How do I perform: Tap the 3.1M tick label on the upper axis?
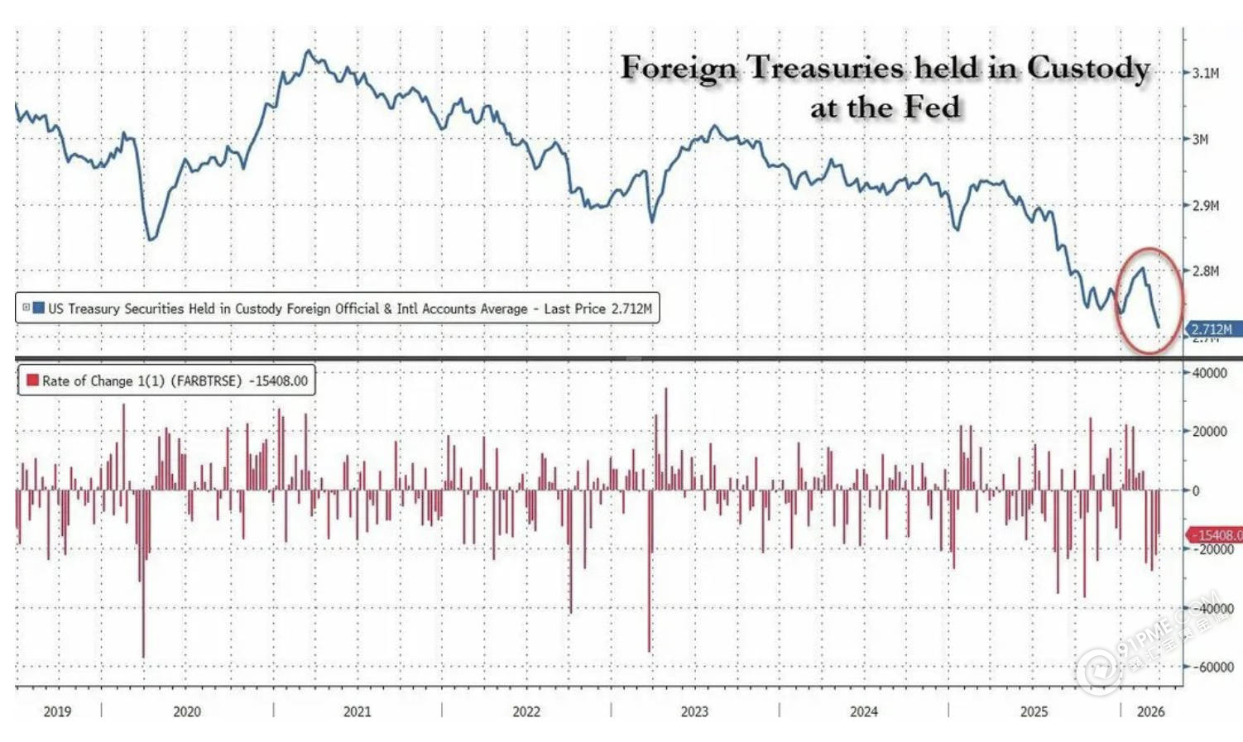pyautogui.click(x=1205, y=74)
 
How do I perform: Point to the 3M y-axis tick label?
pyautogui.click(x=1200, y=139)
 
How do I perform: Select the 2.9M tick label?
pyautogui.click(x=1205, y=205)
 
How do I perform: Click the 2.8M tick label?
pyautogui.click(x=1205, y=270)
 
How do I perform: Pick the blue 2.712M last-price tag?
pyautogui.click(x=1212, y=329)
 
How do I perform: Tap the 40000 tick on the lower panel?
pyautogui.click(x=1209, y=373)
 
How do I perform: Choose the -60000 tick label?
pyautogui.click(x=1212, y=667)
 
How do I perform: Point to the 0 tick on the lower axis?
pyautogui.click(x=1196, y=491)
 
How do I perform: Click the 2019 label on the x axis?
pyautogui.click(x=57, y=711)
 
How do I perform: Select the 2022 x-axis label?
pyautogui.click(x=526, y=711)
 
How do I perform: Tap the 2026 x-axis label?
pyautogui.click(x=1150, y=711)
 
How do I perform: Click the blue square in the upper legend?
pyautogui.click(x=38, y=308)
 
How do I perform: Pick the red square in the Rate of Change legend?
pyautogui.click(x=33, y=381)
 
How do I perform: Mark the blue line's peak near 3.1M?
pyautogui.click(x=309, y=51)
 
